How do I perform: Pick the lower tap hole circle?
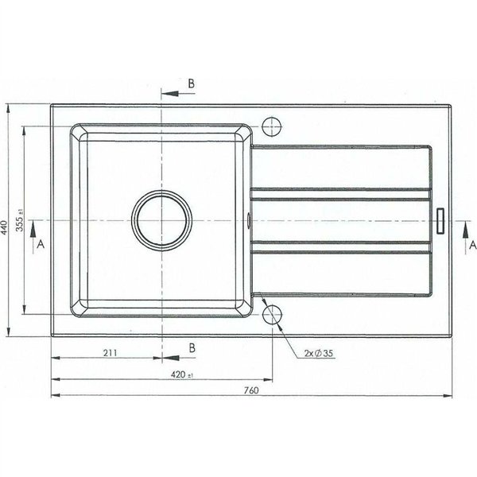tap(272, 313)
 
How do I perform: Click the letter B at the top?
tap(192, 83)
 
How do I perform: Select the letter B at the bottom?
tap(192, 347)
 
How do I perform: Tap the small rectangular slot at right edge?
tap(440, 220)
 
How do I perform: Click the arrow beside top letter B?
tap(172, 94)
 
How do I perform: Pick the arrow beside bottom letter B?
tap(172, 357)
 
